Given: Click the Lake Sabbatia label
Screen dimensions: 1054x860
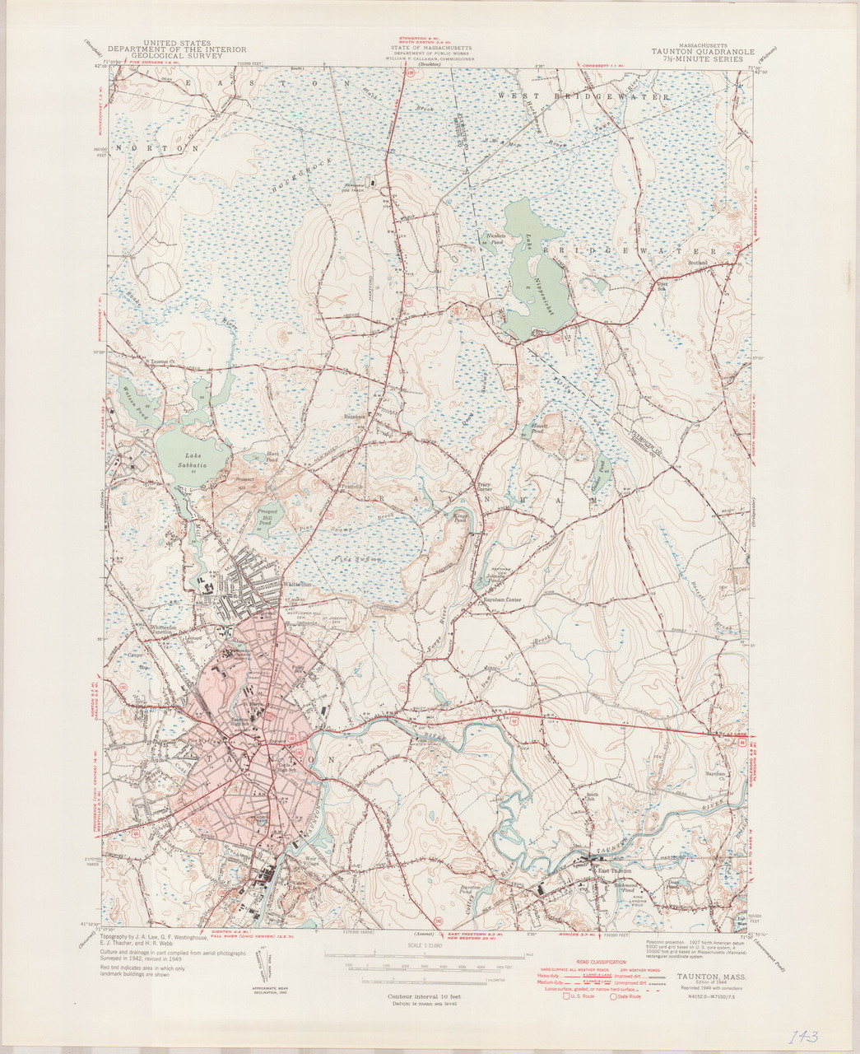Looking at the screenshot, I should pos(193,460).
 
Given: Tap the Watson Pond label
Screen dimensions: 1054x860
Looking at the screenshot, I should pos(131,399).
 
